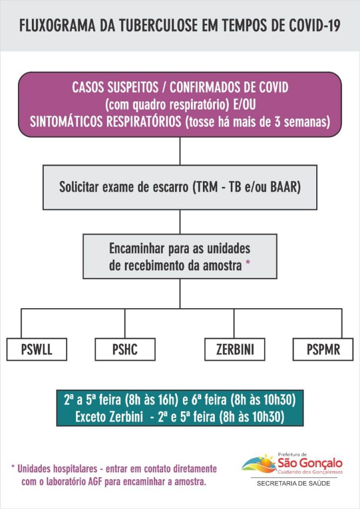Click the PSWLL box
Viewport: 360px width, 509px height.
[x=37, y=349]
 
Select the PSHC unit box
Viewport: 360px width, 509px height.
[x=125, y=349]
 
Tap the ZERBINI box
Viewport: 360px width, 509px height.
[x=235, y=349]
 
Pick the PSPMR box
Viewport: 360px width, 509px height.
[x=323, y=349]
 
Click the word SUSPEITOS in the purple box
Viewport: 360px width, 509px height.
[x=133, y=87]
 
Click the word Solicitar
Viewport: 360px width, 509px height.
[x=79, y=187]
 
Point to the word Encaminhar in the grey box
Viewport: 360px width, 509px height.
[x=137, y=249]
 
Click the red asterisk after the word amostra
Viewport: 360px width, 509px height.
[x=248, y=263]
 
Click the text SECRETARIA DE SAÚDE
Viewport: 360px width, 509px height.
[x=293, y=483]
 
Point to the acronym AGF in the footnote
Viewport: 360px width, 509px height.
[x=95, y=482]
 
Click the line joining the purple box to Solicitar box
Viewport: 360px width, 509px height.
[x=180, y=151]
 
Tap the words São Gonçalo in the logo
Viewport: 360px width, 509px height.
[x=310, y=463]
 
